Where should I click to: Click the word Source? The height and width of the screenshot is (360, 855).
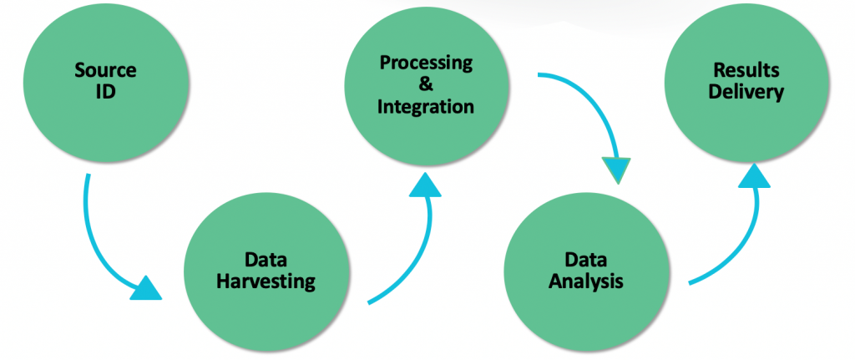(x=106, y=70)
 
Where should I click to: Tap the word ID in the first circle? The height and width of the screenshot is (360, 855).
(x=106, y=91)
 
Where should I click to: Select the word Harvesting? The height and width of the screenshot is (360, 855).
(x=266, y=282)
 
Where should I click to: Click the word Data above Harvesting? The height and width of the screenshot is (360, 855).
(x=266, y=260)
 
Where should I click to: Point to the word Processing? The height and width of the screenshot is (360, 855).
(x=427, y=63)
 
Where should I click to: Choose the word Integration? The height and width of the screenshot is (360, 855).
(x=426, y=107)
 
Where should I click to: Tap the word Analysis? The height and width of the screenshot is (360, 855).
(x=586, y=282)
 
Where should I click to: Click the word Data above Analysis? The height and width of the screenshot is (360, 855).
(x=586, y=260)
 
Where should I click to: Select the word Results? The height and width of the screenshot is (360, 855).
(x=746, y=70)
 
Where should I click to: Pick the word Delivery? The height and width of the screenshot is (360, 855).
(x=746, y=92)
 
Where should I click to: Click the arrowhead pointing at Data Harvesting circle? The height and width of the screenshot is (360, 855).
(x=147, y=288)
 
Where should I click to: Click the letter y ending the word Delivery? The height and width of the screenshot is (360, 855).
(x=779, y=94)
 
